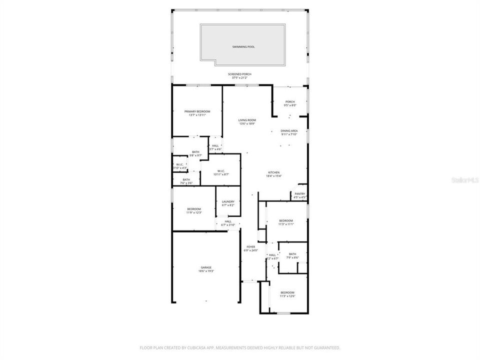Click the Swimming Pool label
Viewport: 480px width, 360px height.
pos(243,46)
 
